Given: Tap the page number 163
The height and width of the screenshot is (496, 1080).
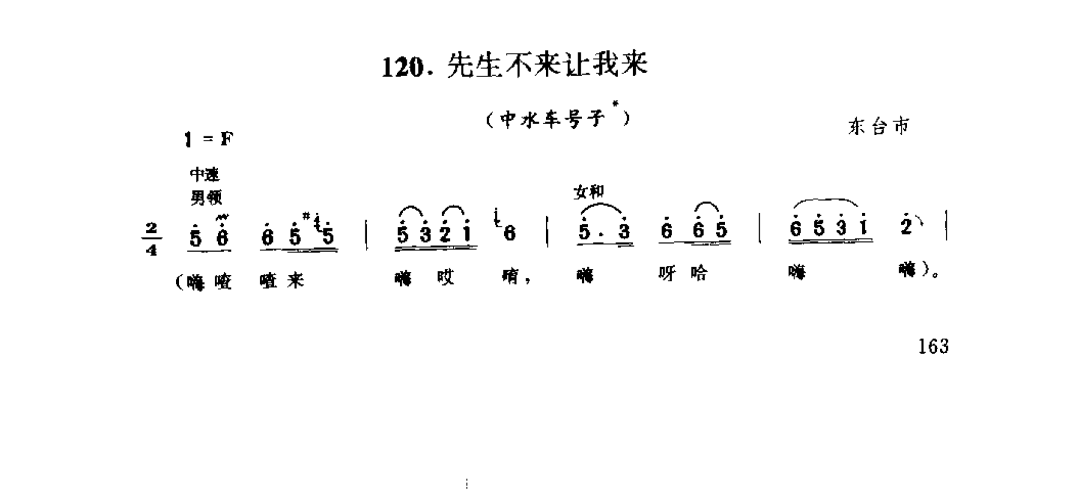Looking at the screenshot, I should [x=933, y=347].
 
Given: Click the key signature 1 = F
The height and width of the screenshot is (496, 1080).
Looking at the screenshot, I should [x=209, y=140].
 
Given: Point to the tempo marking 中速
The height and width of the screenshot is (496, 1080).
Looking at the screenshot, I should [x=205, y=175].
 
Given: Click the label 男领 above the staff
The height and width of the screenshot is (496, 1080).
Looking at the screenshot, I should [x=206, y=197].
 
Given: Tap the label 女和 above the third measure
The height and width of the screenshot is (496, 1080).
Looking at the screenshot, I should [x=588, y=192].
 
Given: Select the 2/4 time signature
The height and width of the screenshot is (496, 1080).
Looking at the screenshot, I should [x=152, y=239].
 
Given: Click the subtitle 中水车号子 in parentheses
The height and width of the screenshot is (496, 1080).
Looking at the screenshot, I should [x=551, y=120].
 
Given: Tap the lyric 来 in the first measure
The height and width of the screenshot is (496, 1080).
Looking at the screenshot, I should [x=296, y=281].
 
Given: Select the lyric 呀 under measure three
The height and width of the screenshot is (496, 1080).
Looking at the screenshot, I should [x=667, y=274].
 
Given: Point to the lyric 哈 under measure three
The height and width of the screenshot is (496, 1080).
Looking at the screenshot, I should [x=699, y=274].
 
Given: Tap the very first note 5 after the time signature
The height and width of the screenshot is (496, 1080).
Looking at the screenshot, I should [x=196, y=237].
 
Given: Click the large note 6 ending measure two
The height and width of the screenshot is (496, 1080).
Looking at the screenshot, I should [x=510, y=234].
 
